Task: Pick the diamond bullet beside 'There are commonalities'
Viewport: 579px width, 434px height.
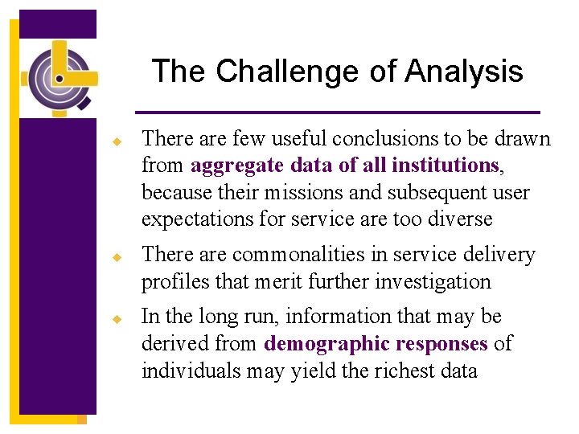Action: [116, 256]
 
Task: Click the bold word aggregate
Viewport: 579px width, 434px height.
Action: [236, 166]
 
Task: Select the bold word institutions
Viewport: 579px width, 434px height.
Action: [446, 166]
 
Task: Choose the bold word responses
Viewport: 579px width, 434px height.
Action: [441, 344]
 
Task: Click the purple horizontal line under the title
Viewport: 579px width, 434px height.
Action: [337, 112]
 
